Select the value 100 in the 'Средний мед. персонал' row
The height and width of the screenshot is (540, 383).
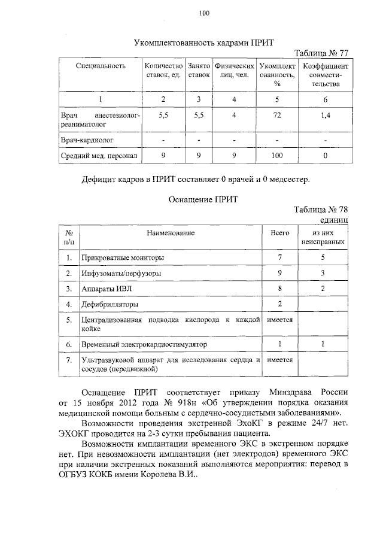click(277, 156)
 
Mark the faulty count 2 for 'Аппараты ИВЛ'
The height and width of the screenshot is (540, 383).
click(323, 289)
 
